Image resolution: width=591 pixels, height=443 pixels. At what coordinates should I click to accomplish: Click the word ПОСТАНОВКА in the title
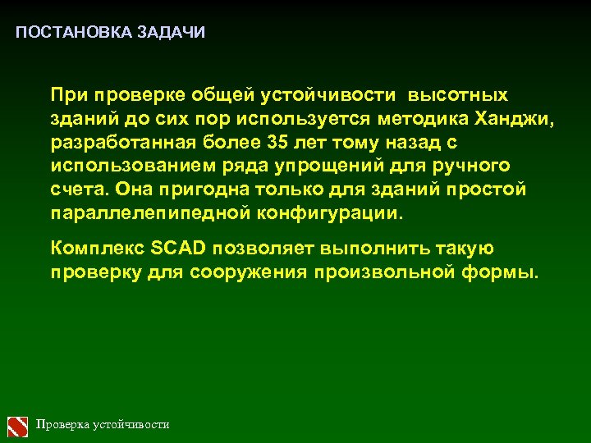[62, 33]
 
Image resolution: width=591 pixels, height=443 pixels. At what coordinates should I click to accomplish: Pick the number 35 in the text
[278, 143]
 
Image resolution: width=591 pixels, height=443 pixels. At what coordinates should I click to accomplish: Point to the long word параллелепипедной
[142, 214]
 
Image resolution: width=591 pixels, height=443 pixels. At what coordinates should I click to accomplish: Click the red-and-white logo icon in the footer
[18, 425]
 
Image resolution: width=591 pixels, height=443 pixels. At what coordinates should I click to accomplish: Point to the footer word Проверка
[62, 425]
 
